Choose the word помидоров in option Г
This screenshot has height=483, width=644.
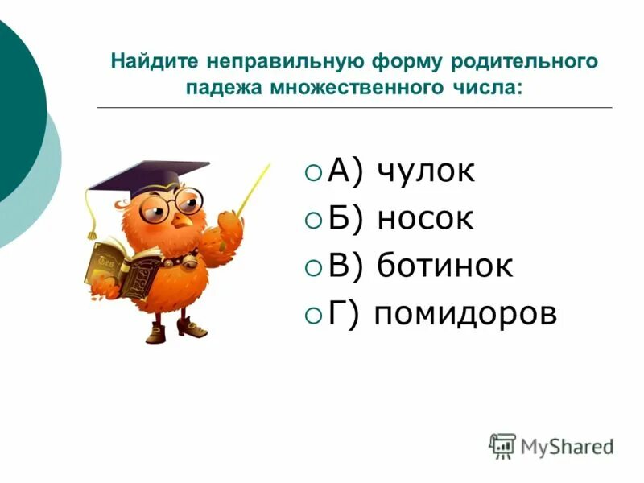click(465, 314)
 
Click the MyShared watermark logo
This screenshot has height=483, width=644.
click(551, 445)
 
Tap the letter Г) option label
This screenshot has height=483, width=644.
click(347, 314)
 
